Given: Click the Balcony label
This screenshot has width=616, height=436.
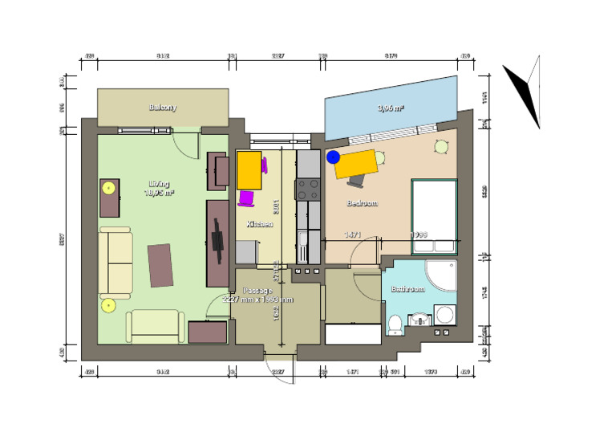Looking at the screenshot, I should tap(162, 107).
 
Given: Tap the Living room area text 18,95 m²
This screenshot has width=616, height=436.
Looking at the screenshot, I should tap(159, 193).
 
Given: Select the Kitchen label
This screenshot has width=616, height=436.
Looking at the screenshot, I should tap(259, 224).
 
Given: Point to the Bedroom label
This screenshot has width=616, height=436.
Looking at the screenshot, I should tap(361, 203).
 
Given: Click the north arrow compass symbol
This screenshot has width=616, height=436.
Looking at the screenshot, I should tap(524, 90).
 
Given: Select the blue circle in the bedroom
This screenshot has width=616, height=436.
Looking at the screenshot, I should tap(333, 157).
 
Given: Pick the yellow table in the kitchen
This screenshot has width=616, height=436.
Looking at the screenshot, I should tap(249, 169).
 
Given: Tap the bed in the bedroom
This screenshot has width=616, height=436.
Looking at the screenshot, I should tap(434, 207).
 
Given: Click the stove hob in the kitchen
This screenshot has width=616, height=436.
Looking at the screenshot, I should tap(309, 189).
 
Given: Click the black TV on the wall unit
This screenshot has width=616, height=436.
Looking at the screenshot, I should tap(217, 240).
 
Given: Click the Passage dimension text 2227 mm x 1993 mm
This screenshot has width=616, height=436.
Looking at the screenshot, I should tap(257, 299).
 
